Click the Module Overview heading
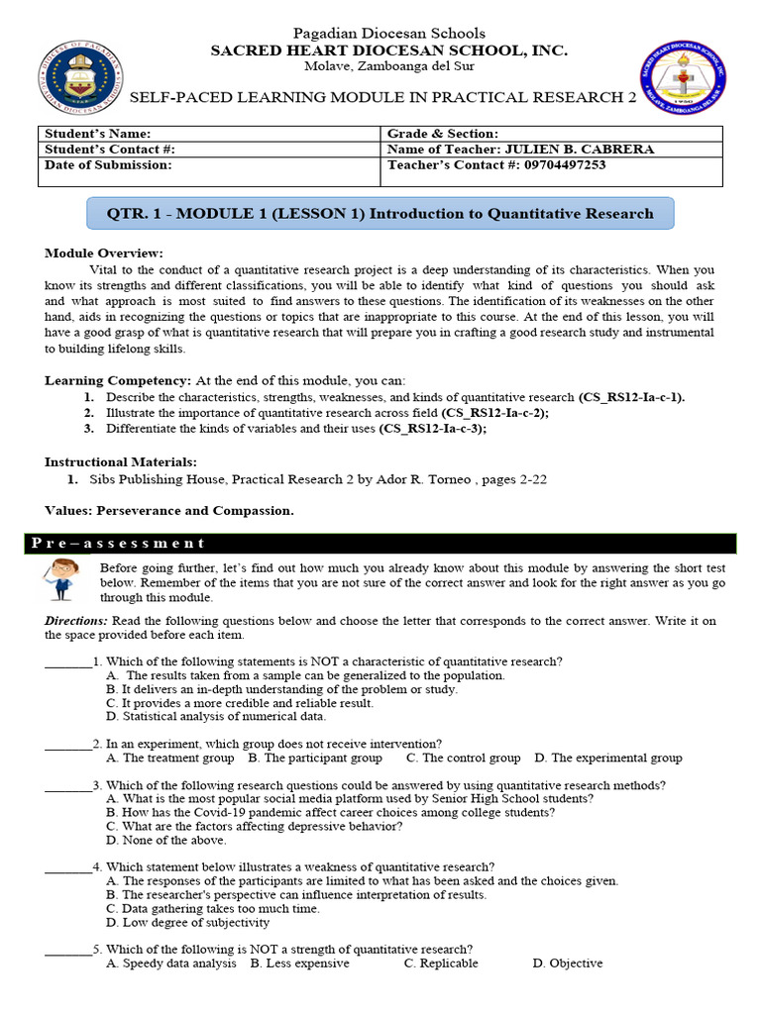104,253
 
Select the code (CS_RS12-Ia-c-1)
631,397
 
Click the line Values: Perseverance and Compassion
168,511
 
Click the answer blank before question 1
67,661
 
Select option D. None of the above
165,840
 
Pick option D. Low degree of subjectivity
187,922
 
